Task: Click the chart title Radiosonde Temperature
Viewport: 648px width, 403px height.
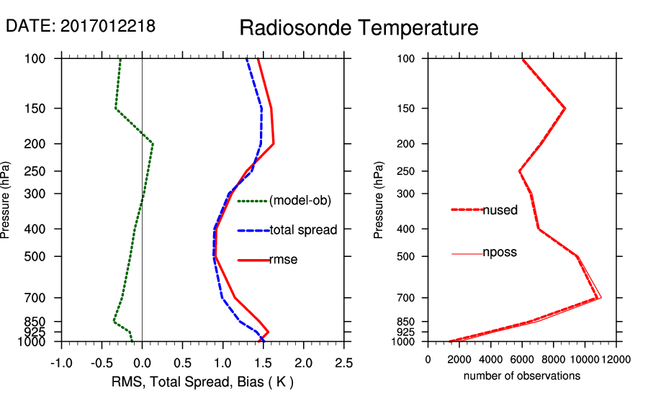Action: (359, 28)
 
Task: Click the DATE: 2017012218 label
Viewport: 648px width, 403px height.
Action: (80, 27)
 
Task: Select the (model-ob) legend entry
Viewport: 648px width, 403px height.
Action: (300, 201)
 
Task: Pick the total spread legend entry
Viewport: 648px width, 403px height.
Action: (303, 230)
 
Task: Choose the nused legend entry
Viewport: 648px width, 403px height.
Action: (500, 210)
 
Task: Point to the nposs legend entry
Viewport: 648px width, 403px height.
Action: (500, 253)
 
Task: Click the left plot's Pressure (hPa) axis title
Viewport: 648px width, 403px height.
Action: (6, 200)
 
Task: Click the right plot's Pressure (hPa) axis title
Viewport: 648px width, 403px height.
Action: (379, 200)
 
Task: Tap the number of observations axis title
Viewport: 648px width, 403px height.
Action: (522, 376)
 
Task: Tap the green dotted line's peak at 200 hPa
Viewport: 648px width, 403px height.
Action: (153, 144)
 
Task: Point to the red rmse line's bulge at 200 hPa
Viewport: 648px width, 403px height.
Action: (274, 144)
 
